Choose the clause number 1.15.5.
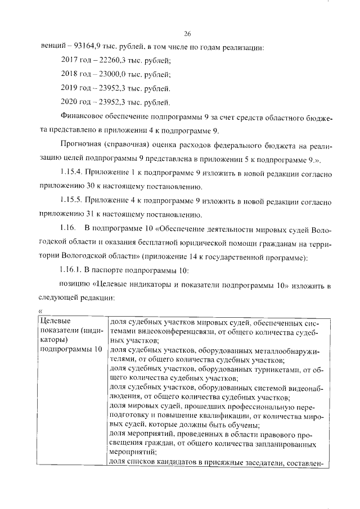point(70,201)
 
